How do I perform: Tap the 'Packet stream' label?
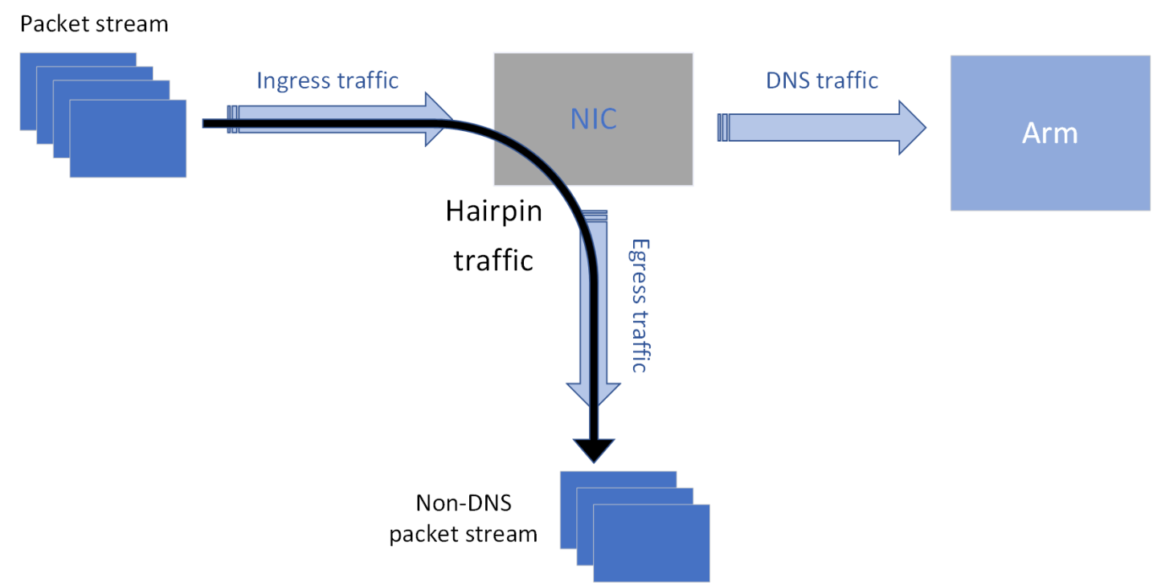pos(94,23)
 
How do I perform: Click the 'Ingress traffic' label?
pos(327,80)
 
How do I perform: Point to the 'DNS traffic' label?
pos(821,80)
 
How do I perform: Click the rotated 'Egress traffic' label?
pos(639,305)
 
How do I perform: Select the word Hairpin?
pos(493,212)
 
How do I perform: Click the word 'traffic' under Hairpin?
pos(493,261)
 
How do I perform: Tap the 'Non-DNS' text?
pos(464,504)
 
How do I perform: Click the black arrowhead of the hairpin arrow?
pos(594,449)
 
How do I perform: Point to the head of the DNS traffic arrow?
pos(912,127)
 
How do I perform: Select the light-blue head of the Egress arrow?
pos(611,394)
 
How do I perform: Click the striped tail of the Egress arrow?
pos(595,214)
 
